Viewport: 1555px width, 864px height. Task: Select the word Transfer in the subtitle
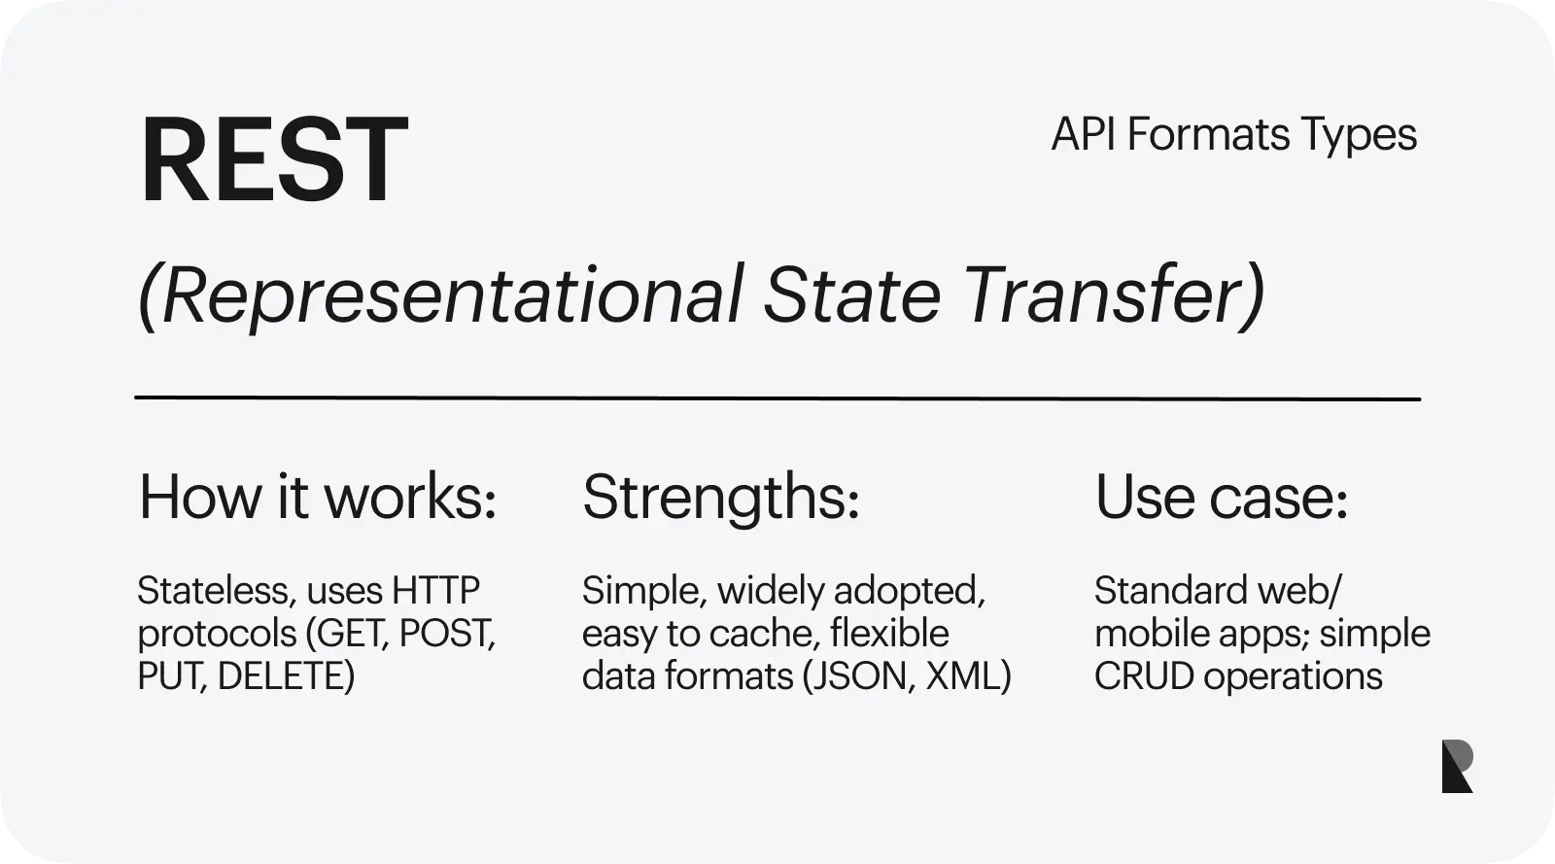(1103, 294)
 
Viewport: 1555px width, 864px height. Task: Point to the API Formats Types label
(1233, 134)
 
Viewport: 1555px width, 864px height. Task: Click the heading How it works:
(318, 497)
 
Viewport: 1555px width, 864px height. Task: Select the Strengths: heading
(720, 499)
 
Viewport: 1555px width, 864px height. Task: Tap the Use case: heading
(1221, 497)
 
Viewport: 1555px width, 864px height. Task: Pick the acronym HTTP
(435, 591)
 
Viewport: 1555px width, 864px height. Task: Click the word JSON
(861, 675)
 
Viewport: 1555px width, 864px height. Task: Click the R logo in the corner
(1457, 766)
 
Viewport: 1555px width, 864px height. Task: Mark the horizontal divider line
(777, 398)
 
